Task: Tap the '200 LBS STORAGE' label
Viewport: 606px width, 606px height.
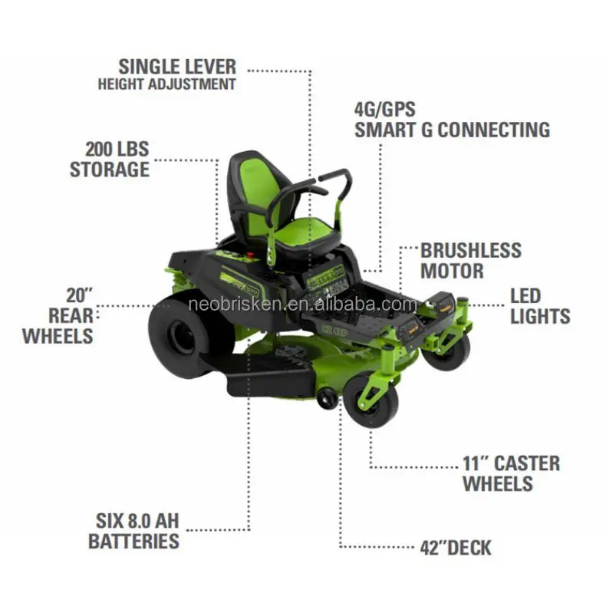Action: (x=110, y=158)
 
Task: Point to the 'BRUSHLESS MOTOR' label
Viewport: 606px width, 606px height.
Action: (x=470, y=261)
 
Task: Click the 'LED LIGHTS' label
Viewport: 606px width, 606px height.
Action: (x=540, y=305)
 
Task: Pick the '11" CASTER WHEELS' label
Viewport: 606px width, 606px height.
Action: (x=511, y=473)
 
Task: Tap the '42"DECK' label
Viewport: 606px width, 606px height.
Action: (x=456, y=548)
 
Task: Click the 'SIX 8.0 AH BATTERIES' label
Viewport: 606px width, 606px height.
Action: (x=133, y=531)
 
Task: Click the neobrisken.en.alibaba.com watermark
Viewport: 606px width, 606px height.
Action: (x=301, y=305)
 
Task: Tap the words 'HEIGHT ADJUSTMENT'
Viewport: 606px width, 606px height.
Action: (x=166, y=84)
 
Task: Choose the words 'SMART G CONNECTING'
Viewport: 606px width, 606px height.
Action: (x=452, y=129)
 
